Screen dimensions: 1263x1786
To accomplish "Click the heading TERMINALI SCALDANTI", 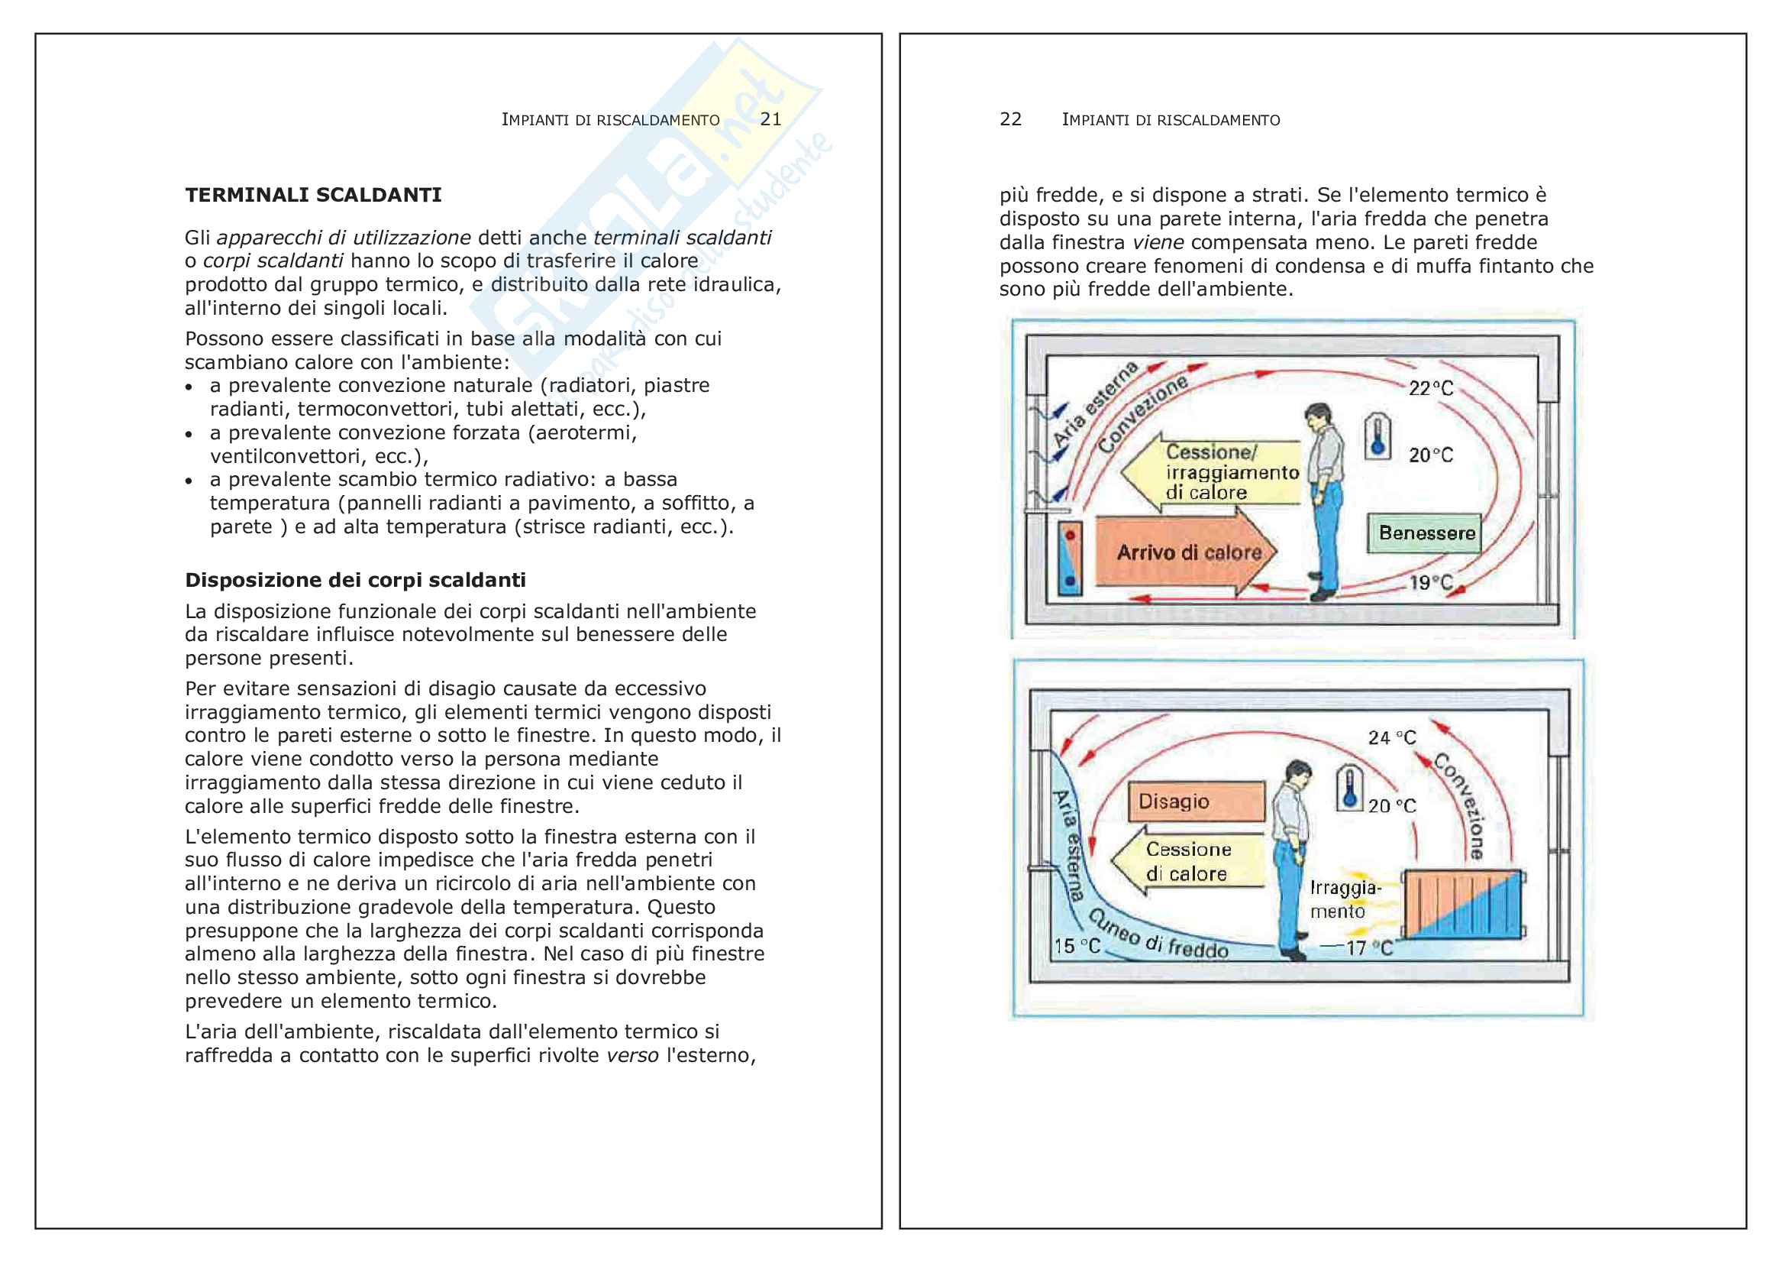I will tap(313, 196).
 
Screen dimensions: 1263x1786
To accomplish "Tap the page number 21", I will tap(770, 119).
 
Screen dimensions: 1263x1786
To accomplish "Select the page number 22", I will tap(1009, 119).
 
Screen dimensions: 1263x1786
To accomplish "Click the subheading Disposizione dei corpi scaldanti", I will tap(355, 580).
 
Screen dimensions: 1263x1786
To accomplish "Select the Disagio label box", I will tap(1196, 802).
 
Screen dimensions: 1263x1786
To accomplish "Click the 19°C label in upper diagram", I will tap(1430, 582).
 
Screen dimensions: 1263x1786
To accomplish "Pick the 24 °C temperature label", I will tap(1392, 738).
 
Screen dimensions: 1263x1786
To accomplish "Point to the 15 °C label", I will tap(1077, 946).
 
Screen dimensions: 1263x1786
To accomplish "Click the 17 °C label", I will tap(1368, 948).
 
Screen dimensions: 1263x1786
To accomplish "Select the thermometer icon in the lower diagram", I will tap(1348, 789).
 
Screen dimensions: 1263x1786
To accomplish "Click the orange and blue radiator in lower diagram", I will tap(1462, 905).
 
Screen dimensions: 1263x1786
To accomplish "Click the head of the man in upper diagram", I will tap(1317, 416).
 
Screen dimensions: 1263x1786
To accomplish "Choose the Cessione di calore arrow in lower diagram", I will tap(1187, 861).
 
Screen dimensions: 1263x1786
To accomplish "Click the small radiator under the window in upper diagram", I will tap(1071, 557).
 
